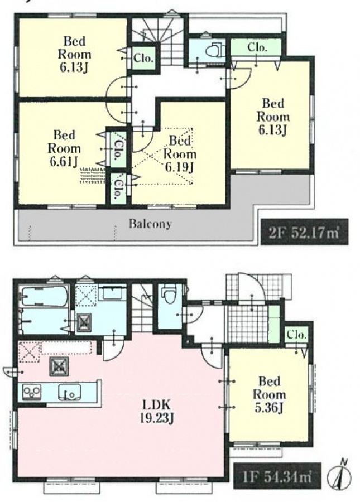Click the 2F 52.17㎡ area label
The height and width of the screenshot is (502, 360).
click(304, 232)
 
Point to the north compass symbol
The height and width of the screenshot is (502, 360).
click(339, 476)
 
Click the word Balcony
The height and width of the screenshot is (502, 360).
click(150, 224)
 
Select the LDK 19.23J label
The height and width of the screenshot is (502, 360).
click(157, 412)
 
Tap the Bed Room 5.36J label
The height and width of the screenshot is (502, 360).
click(270, 395)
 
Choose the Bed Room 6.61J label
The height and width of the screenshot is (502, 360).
click(64, 148)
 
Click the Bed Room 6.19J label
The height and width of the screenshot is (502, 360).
click(179, 154)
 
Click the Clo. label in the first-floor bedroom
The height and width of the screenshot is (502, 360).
click(296, 335)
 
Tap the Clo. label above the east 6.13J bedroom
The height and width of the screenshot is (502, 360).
click(257, 47)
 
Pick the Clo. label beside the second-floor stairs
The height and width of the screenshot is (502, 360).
click(143, 58)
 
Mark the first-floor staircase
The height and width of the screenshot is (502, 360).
click(142, 308)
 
